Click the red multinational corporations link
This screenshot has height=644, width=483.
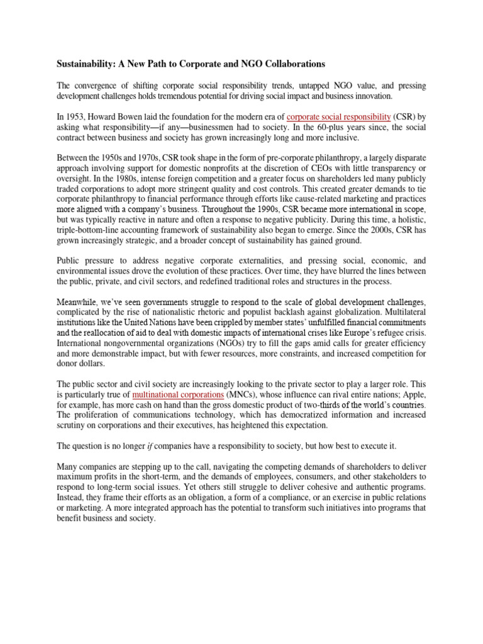pos(179,395)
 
